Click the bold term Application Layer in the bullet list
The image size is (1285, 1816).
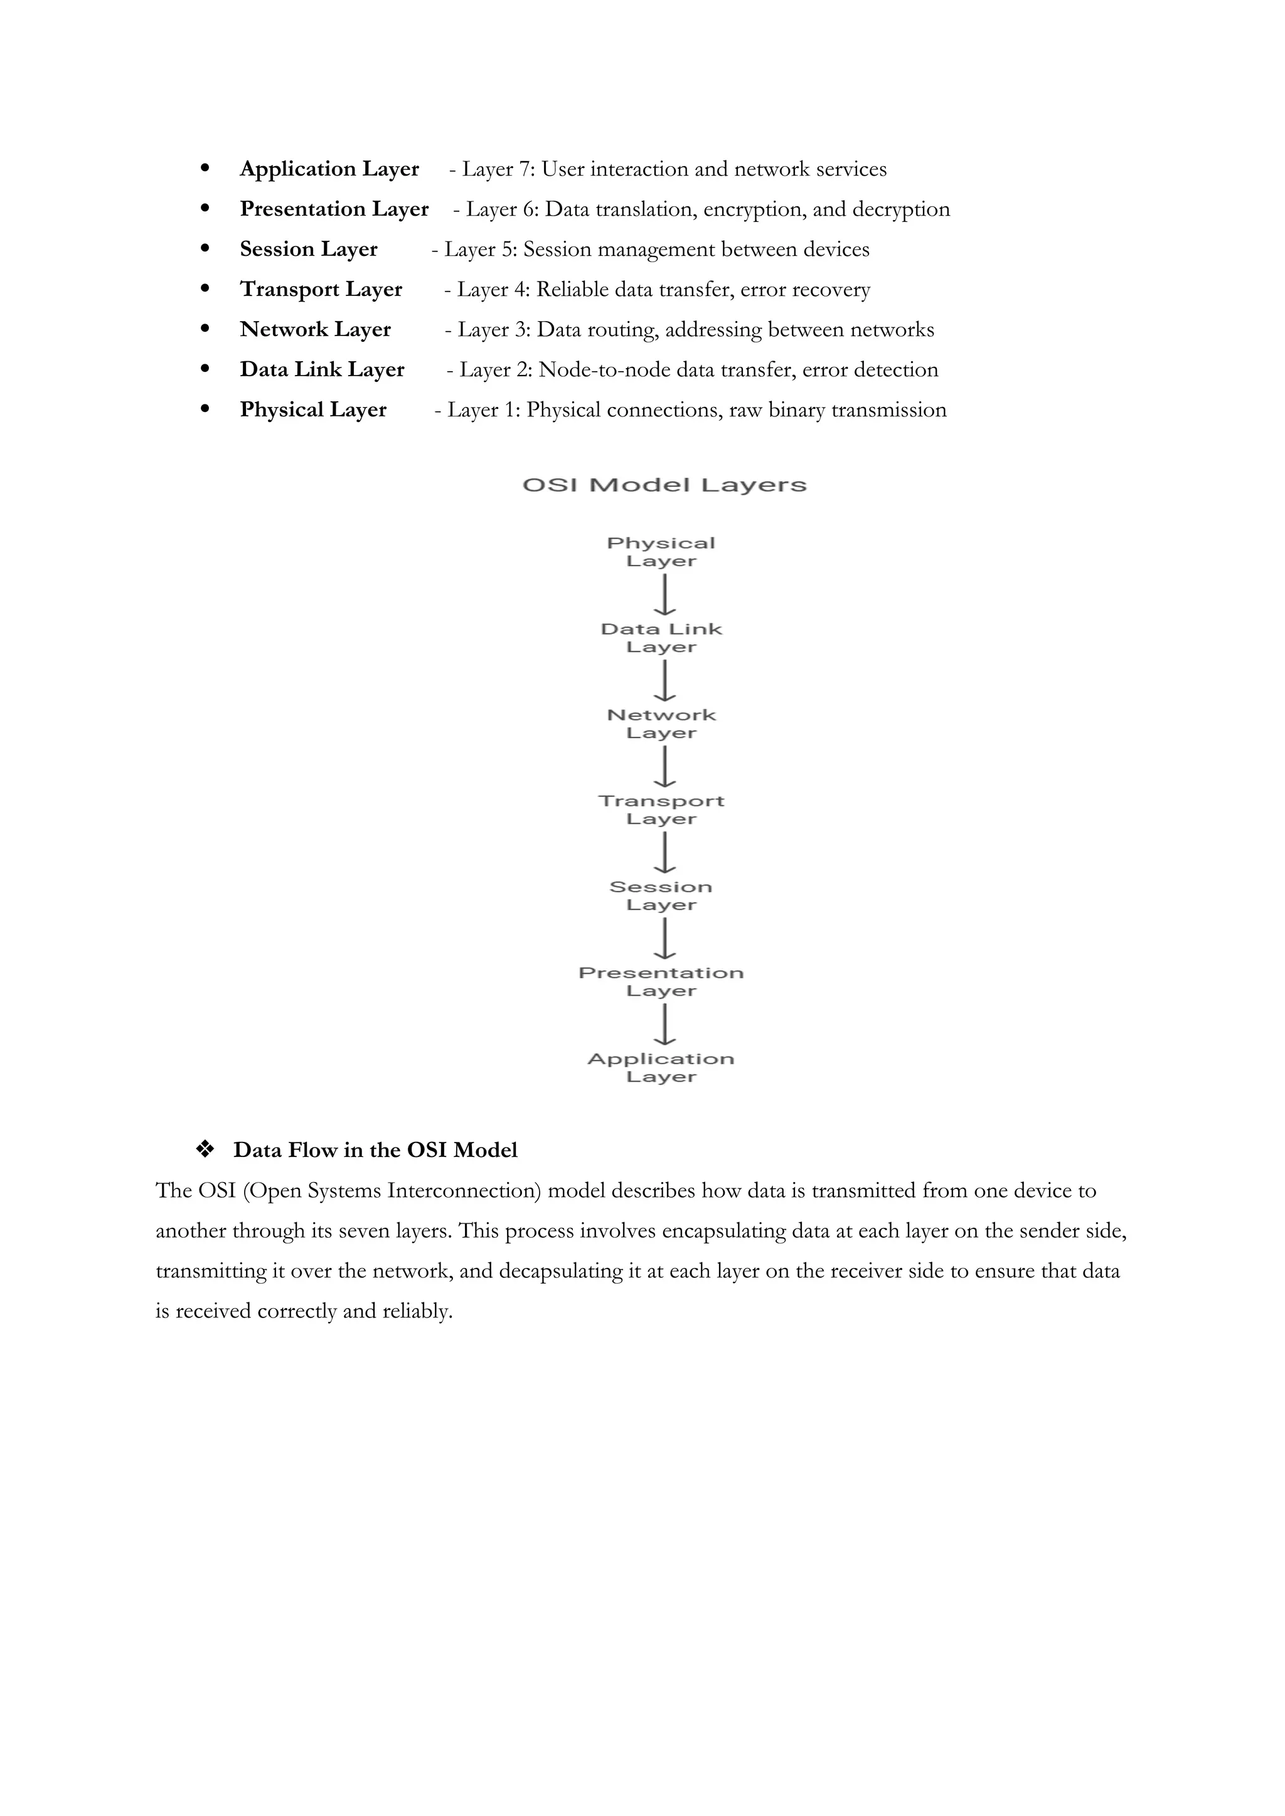[329, 169]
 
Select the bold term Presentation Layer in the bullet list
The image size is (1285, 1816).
[334, 209]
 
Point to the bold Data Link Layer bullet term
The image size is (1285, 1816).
[322, 370]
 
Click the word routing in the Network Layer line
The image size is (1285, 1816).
[622, 330]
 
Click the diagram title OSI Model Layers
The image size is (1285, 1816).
[664, 485]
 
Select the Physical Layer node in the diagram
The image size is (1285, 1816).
[661, 552]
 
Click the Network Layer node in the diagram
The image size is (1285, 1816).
[661, 724]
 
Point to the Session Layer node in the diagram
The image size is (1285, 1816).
[661, 895]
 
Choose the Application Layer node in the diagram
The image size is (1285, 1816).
[661, 1068]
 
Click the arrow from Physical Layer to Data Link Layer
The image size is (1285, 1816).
[664, 595]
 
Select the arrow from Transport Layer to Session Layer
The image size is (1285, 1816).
[664, 853]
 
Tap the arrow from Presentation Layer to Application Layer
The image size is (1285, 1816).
[664, 1024]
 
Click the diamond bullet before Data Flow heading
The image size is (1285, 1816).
[205, 1150]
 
